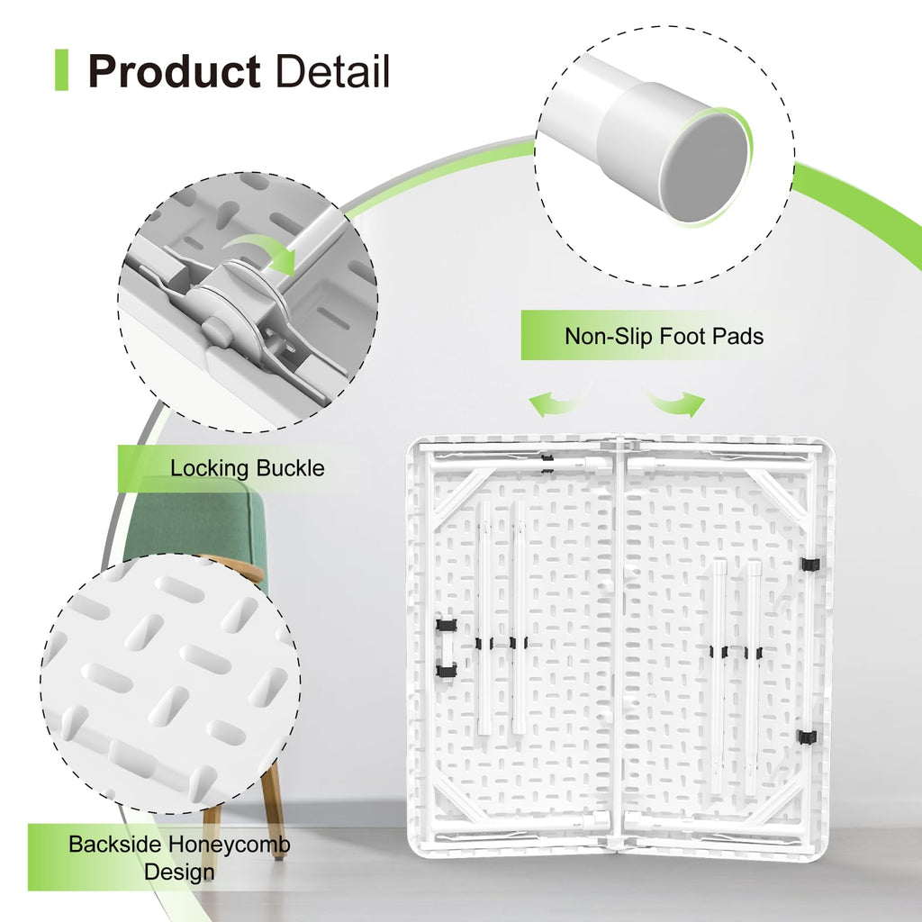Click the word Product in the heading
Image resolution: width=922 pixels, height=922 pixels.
[174, 71]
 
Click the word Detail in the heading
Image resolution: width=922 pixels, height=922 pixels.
[332, 71]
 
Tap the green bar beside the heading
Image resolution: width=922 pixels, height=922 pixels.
[61, 70]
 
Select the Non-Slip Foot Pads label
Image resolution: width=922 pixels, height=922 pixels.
[664, 336]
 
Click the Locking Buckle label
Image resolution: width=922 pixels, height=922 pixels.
[247, 468]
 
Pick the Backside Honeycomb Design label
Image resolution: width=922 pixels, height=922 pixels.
[179, 858]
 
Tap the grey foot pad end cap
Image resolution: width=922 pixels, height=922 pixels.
[704, 168]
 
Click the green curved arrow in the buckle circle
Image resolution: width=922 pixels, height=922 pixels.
[263, 251]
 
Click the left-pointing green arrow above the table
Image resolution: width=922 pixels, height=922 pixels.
[556, 403]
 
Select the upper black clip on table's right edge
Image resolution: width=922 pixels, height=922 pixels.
[809, 564]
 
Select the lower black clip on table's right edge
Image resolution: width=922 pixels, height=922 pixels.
[807, 737]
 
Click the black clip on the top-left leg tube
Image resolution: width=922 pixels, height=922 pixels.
[547, 463]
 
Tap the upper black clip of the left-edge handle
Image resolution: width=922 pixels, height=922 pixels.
[447, 625]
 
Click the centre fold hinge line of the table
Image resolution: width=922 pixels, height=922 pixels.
[619, 644]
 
